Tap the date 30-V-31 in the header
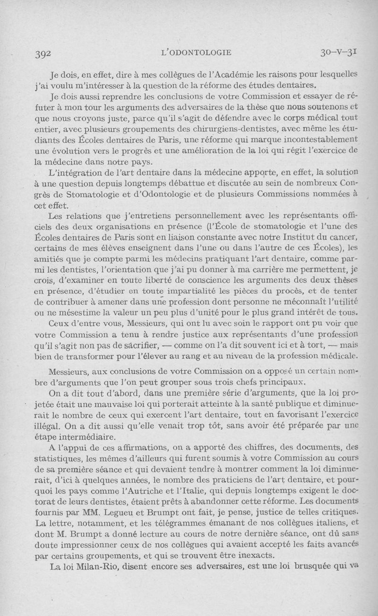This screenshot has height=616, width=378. click(338, 52)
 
